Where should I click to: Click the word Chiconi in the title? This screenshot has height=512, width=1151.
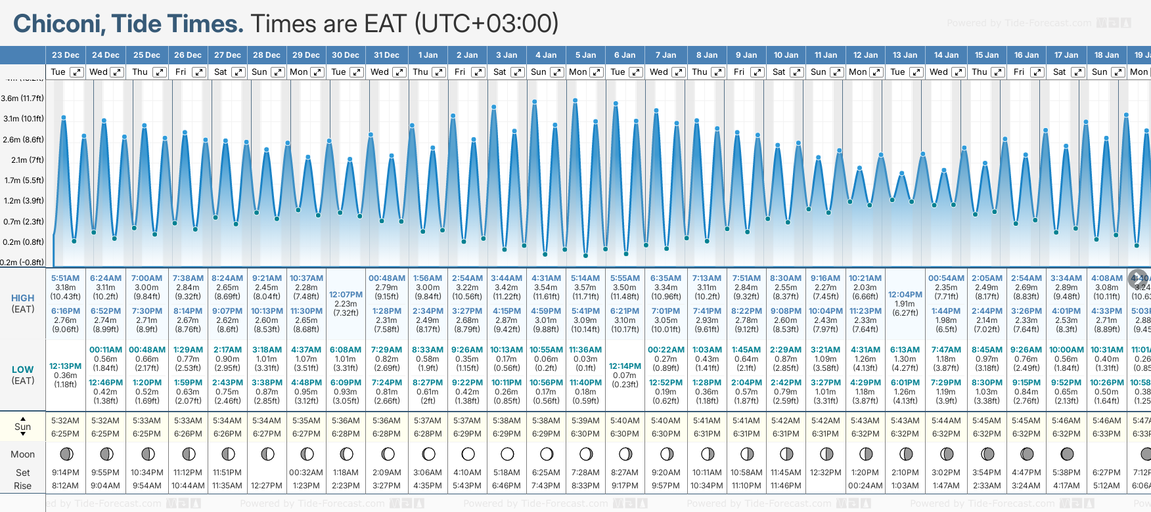point(58,24)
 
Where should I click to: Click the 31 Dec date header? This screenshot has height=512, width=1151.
point(386,55)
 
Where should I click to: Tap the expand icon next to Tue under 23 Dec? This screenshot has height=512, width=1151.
point(77,72)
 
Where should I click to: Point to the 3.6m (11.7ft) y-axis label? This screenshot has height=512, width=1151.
point(22,98)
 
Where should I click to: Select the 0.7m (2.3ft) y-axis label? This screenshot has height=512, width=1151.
point(22,222)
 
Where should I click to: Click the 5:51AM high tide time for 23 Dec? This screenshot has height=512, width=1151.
point(65,278)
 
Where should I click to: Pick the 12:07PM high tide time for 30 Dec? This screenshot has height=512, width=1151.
point(346,295)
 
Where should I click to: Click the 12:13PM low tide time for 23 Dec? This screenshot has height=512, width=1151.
point(65,366)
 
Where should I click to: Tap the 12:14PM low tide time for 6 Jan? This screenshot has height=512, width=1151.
point(625,366)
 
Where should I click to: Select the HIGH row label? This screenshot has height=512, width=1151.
point(22,298)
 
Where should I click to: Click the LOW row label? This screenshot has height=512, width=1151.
point(22,370)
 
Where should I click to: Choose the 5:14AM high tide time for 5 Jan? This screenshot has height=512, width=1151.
point(585,278)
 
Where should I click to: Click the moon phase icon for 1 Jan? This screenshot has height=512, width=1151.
point(428,454)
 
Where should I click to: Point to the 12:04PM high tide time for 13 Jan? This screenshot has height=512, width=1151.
point(905,295)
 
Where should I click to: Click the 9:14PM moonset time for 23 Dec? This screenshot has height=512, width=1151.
point(65,473)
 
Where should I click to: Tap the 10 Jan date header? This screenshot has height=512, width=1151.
point(786,55)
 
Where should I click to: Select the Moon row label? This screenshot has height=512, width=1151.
point(22,454)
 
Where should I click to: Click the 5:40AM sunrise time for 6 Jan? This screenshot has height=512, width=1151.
point(625,421)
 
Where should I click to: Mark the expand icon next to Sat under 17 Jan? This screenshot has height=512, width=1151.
point(1078,72)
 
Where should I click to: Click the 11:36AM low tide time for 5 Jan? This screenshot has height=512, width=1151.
point(585,350)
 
